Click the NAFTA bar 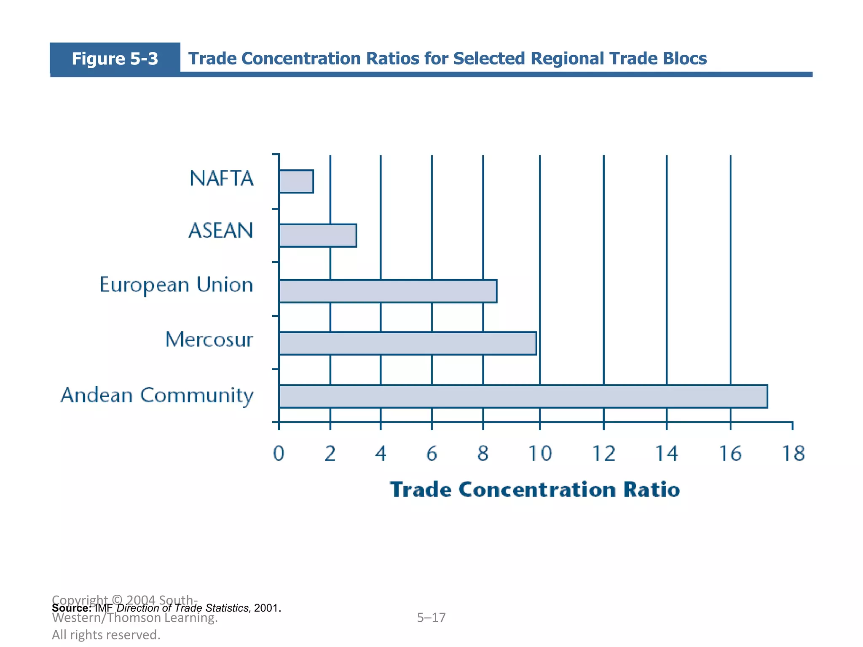(296, 182)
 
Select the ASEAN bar (318, 235)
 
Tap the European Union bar (388, 291)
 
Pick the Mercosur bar (407, 343)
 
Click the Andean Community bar (523, 396)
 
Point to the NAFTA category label (222, 179)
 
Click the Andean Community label (157, 396)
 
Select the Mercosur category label (209, 340)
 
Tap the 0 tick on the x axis (279, 454)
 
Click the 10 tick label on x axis (540, 454)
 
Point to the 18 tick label (793, 454)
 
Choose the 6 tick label (431, 454)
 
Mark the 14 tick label (667, 454)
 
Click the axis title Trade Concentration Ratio (535, 489)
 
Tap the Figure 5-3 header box (115, 59)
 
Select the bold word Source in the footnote (71, 608)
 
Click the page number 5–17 (431, 618)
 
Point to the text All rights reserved (106, 635)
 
